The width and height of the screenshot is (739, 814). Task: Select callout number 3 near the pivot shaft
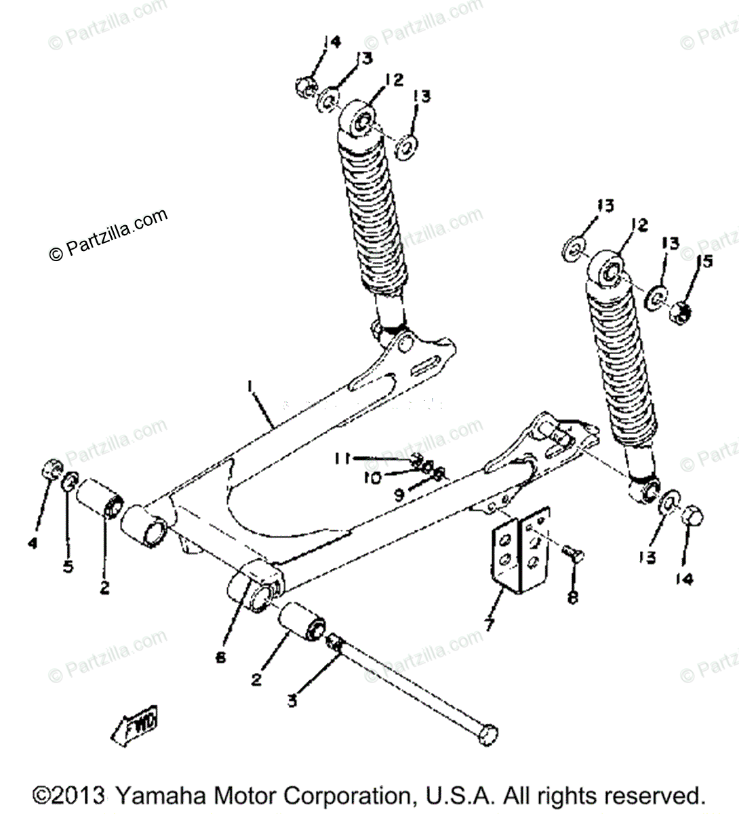(x=292, y=701)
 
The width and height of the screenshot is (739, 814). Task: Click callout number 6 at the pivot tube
(x=221, y=657)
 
